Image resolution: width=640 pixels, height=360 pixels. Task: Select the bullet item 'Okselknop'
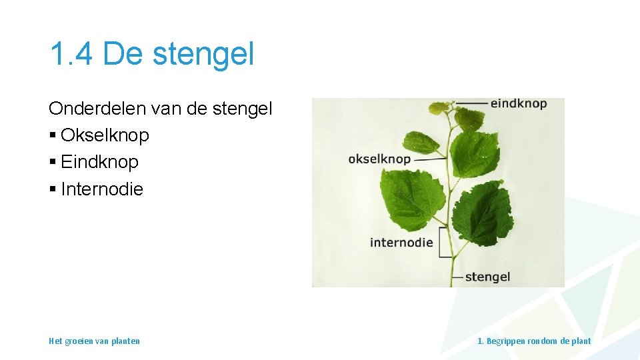(x=105, y=135)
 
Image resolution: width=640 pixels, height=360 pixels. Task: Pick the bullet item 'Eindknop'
(x=99, y=162)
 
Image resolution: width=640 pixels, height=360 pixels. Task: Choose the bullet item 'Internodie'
(x=101, y=189)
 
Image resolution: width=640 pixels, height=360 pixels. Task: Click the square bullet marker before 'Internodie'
(x=53, y=190)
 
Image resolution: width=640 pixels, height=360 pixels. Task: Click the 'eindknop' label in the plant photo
(x=518, y=103)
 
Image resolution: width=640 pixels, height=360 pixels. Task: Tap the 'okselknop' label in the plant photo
(x=379, y=159)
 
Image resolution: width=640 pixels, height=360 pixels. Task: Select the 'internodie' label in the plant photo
(x=401, y=243)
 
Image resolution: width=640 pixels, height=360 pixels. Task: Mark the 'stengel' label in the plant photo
(x=487, y=277)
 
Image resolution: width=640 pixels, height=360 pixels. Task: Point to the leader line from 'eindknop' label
(x=472, y=103)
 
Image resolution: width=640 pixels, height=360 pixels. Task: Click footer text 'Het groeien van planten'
(x=94, y=341)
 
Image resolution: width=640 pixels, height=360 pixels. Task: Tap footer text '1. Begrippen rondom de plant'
(x=534, y=341)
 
